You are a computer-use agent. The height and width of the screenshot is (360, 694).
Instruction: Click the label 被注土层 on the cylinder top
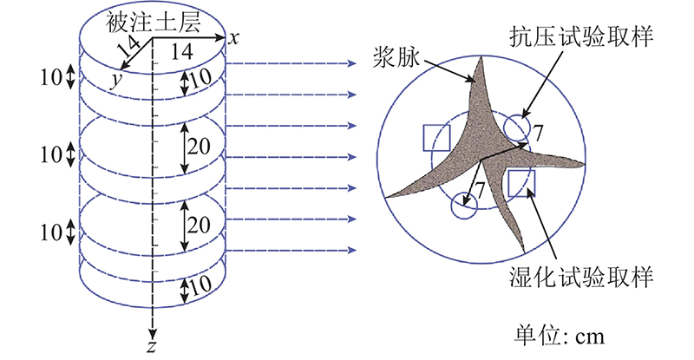click(153, 23)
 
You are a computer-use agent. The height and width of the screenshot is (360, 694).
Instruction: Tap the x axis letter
click(233, 38)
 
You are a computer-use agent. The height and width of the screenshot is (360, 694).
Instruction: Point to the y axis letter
click(115, 81)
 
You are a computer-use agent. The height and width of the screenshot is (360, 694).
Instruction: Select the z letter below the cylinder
click(152, 346)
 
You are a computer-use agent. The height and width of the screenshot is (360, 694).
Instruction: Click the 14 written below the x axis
click(181, 52)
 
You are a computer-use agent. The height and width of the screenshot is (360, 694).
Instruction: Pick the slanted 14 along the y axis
click(129, 47)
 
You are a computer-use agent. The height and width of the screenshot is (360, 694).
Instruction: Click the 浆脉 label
click(396, 56)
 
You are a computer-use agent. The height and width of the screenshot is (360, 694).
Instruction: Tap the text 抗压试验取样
click(581, 36)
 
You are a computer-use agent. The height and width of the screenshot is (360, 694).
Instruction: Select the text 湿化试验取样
click(581, 278)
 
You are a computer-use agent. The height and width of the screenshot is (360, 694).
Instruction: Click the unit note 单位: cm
click(559, 336)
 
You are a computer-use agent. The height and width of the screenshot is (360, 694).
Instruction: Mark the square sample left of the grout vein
click(437, 138)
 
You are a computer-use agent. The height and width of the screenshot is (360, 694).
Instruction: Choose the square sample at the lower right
click(521, 183)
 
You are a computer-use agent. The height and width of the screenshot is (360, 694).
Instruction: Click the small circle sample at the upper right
click(516, 128)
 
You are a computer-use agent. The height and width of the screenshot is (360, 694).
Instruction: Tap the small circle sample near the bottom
click(464, 206)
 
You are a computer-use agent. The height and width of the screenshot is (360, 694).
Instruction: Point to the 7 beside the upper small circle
click(537, 133)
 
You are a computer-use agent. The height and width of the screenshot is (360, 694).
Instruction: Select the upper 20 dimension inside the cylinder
click(199, 146)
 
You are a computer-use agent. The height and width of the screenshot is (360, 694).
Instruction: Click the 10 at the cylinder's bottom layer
click(200, 285)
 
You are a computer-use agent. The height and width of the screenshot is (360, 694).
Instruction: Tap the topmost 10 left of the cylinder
click(51, 78)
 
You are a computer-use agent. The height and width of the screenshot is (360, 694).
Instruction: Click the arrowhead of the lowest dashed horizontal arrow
click(352, 250)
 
